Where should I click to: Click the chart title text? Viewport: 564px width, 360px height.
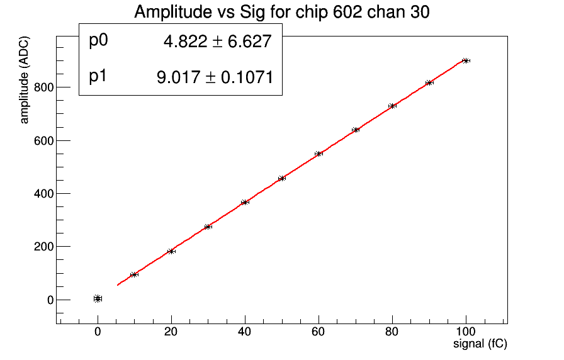click(281, 12)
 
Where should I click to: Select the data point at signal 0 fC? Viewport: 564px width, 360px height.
click(98, 298)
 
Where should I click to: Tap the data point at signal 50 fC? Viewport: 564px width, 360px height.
click(281, 178)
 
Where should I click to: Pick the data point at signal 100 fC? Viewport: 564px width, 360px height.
click(466, 60)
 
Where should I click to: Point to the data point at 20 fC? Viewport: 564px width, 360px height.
click(171, 251)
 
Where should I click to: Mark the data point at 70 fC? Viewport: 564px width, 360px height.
click(356, 130)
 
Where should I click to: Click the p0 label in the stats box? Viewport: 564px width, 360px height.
click(99, 41)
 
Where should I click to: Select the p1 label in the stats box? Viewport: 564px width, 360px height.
click(99, 76)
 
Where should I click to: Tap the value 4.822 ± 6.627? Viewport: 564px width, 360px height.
click(217, 42)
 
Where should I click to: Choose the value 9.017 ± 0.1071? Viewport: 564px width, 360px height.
click(214, 77)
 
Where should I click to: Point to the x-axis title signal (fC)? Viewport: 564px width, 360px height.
click(480, 344)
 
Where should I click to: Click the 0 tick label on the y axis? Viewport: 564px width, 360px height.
click(49, 300)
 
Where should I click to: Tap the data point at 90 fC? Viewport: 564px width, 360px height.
click(429, 82)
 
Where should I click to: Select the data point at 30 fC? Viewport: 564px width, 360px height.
click(208, 227)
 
